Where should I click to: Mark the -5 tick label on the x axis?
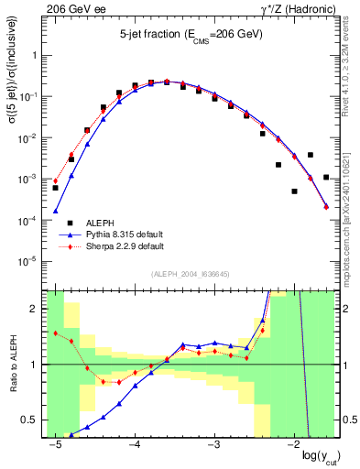coord(55,443)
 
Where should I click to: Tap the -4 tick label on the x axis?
coord(135,443)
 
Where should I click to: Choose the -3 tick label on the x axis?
coord(214,443)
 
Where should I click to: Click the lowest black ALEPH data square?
coord(294,191)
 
